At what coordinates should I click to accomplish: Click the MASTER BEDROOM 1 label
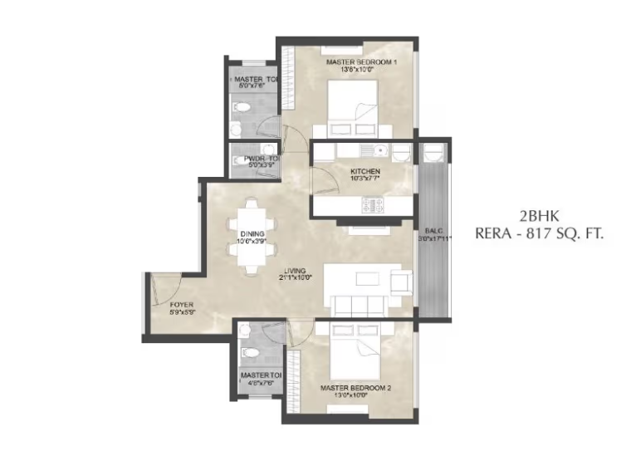coord(361,62)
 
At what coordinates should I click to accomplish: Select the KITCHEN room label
coord(365,171)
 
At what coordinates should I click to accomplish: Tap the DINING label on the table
coord(252,234)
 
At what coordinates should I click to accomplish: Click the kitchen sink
coord(379,151)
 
